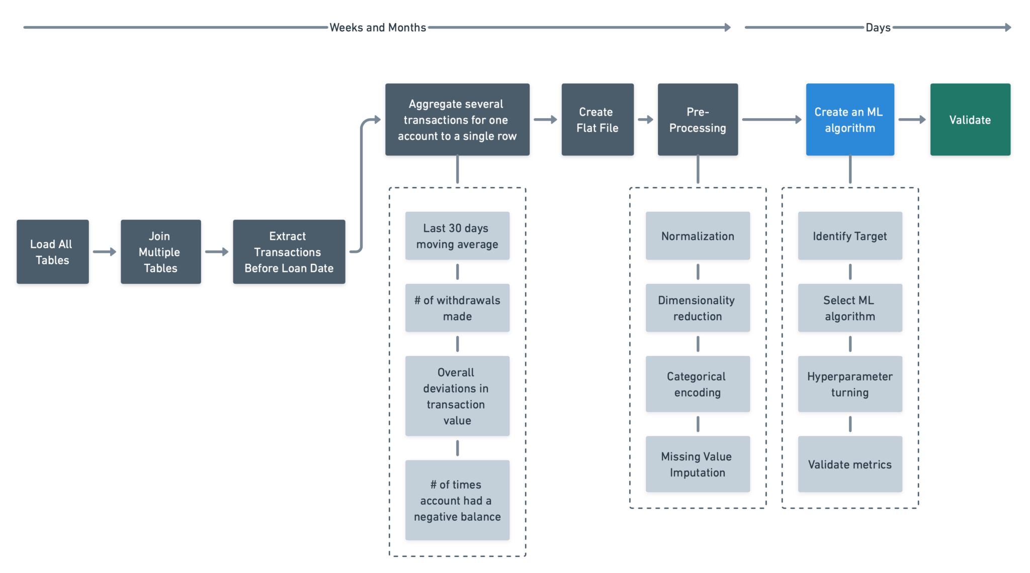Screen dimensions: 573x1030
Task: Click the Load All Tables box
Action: (52, 252)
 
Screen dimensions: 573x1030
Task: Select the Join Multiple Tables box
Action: (160, 252)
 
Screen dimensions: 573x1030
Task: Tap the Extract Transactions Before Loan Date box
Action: (289, 252)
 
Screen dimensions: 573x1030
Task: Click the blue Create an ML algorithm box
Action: (850, 120)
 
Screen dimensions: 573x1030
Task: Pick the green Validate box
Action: (970, 120)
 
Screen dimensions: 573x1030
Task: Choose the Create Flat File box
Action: (597, 120)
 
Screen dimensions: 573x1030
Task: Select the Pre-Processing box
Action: (698, 120)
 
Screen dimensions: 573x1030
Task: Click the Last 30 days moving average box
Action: (457, 236)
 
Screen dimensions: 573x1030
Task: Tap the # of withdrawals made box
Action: (457, 308)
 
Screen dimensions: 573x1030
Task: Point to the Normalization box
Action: (698, 236)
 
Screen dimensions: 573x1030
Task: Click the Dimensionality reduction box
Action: (698, 308)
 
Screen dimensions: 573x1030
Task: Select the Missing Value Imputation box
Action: (698, 464)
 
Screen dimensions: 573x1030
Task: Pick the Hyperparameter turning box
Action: (850, 385)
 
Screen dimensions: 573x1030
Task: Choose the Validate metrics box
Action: (850, 464)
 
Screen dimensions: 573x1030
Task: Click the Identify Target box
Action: (850, 236)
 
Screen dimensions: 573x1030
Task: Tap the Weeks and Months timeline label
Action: (378, 28)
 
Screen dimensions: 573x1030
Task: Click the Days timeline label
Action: (878, 28)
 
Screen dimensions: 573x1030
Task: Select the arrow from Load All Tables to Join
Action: (105, 252)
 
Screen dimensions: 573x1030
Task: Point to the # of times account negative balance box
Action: (457, 501)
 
